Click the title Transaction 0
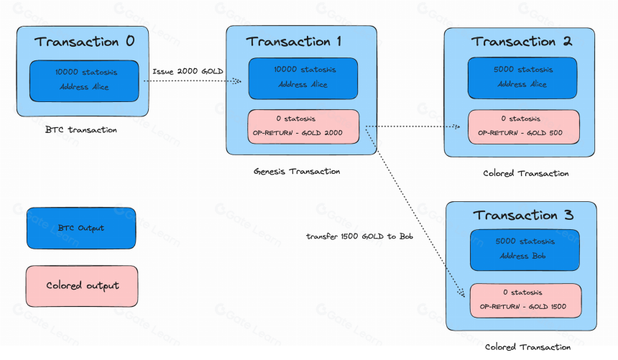click(x=84, y=42)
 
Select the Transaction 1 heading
click(x=294, y=42)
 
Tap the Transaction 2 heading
click(x=522, y=42)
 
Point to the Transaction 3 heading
click(x=523, y=215)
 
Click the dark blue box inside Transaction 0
click(x=84, y=80)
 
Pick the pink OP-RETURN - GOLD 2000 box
click(x=303, y=126)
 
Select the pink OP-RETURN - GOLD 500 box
click(x=523, y=126)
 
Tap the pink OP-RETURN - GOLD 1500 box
click(x=525, y=300)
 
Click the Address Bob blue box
click(x=525, y=250)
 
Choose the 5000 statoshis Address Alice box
click(x=522, y=78)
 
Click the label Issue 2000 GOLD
click(x=188, y=71)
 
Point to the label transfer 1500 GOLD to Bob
click(x=359, y=236)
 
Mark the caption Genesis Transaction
click(x=297, y=172)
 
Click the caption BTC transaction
click(x=80, y=130)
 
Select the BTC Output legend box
click(x=81, y=228)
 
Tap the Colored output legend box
click(x=82, y=286)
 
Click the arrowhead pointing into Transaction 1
click(x=237, y=80)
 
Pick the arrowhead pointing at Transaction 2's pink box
click(x=456, y=126)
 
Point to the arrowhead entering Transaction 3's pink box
click(x=461, y=293)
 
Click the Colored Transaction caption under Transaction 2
click(x=526, y=173)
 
